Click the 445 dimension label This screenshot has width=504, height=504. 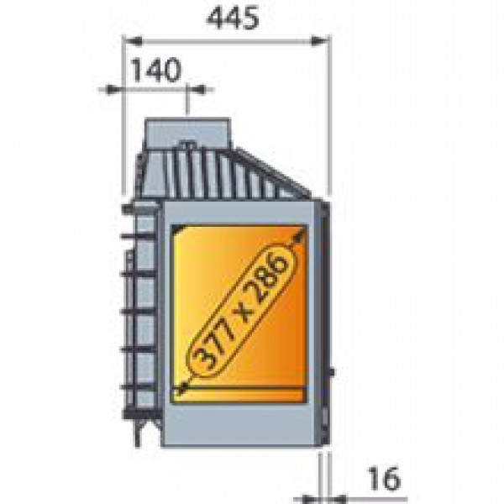coord(233,18)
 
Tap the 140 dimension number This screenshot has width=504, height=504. coord(156,70)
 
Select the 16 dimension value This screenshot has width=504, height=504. coord(385,479)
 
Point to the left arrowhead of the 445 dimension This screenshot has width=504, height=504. coord(133,41)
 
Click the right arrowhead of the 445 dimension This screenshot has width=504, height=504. coord(320,41)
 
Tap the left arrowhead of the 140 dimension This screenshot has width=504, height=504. coord(113,90)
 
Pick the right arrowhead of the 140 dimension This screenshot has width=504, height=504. coord(196,90)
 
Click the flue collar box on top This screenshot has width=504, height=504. coord(187,133)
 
